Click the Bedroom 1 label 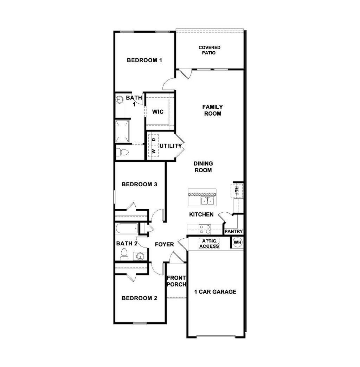coord(144,60)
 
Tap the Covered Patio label coord(209,50)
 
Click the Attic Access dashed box coord(209,243)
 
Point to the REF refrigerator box coord(237,191)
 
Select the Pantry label coord(233,231)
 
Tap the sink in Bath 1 coord(120,100)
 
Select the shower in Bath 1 coord(123,131)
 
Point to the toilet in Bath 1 coord(121,152)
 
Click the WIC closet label coord(157,112)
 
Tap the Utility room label coord(171,146)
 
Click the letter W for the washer coord(153,152)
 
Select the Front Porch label coord(176,281)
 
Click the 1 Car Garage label coord(215,291)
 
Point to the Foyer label coord(165,244)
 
